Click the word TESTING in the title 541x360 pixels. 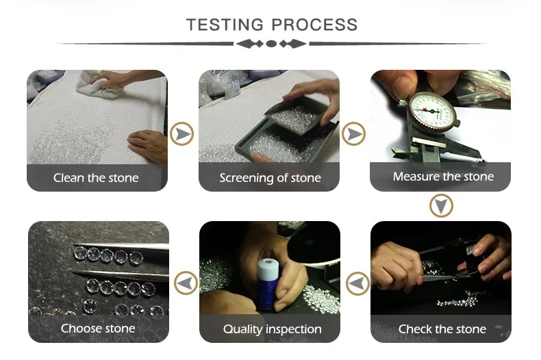point(225,25)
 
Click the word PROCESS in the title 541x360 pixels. point(314,25)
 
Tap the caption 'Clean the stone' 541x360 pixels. point(96,178)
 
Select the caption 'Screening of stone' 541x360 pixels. point(270,178)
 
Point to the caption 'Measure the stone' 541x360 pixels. point(443,177)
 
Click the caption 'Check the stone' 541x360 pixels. point(442,329)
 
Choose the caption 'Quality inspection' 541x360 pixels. point(273,329)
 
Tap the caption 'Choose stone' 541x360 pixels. point(98,329)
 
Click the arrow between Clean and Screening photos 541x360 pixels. point(182,133)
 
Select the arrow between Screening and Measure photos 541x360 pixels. point(353,133)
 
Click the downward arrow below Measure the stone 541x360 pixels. point(441,206)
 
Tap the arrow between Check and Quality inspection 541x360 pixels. point(357,284)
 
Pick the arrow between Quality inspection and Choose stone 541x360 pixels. point(186,283)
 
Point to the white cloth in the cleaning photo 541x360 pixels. point(100,84)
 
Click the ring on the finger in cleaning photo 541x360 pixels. point(141,142)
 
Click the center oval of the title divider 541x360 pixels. point(271,44)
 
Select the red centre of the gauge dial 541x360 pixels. point(425,110)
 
